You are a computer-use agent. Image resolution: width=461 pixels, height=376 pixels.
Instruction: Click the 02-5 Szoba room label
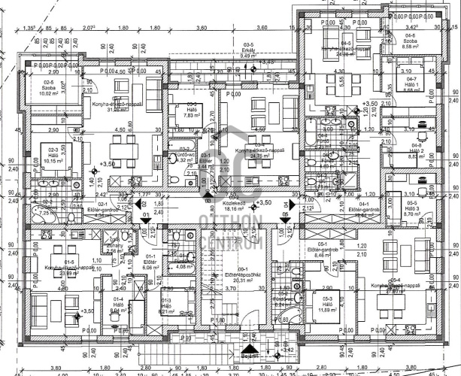pos(49,88)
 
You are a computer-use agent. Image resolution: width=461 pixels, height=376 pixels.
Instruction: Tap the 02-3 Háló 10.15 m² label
pos(53,155)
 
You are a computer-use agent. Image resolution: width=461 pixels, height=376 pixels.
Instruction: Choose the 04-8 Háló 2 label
pos(417,150)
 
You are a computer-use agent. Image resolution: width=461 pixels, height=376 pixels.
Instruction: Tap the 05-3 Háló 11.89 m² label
pos(329,304)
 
